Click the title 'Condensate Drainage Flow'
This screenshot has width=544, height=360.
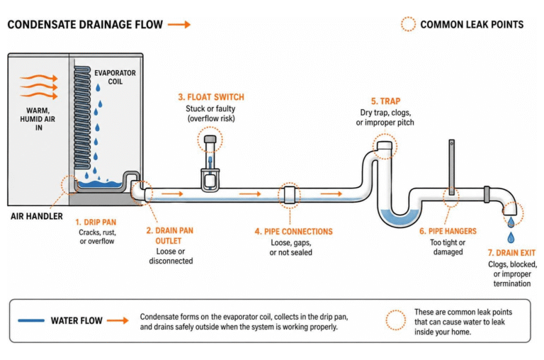tap(85, 25)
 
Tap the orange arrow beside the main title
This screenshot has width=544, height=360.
tap(179, 24)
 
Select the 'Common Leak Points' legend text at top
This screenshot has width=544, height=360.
tap(472, 25)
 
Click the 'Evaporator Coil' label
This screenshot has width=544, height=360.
tap(115, 77)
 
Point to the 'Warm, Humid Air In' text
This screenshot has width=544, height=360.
tap(38, 119)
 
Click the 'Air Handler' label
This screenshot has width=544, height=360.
tap(37, 216)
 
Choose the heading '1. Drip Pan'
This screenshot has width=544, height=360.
tap(96, 223)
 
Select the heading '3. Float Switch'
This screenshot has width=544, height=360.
tap(211, 97)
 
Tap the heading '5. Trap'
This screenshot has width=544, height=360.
tap(385, 101)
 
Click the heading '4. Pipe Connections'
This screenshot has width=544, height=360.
tap(293, 232)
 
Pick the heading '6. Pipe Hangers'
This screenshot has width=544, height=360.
tap(448, 231)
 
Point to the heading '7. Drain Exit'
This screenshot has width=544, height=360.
tap(511, 253)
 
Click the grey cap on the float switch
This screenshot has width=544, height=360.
tap(210, 139)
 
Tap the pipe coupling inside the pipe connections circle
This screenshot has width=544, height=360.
tap(289, 195)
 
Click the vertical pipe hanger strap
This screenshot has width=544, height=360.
tap(451, 167)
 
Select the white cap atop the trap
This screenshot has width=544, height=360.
tap(385, 145)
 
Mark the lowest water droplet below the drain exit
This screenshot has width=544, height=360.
tap(511, 238)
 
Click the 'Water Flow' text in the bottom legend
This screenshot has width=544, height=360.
tap(76, 321)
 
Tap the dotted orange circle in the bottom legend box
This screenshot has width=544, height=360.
tap(395, 320)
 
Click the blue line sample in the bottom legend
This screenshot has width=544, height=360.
tap(31, 321)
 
